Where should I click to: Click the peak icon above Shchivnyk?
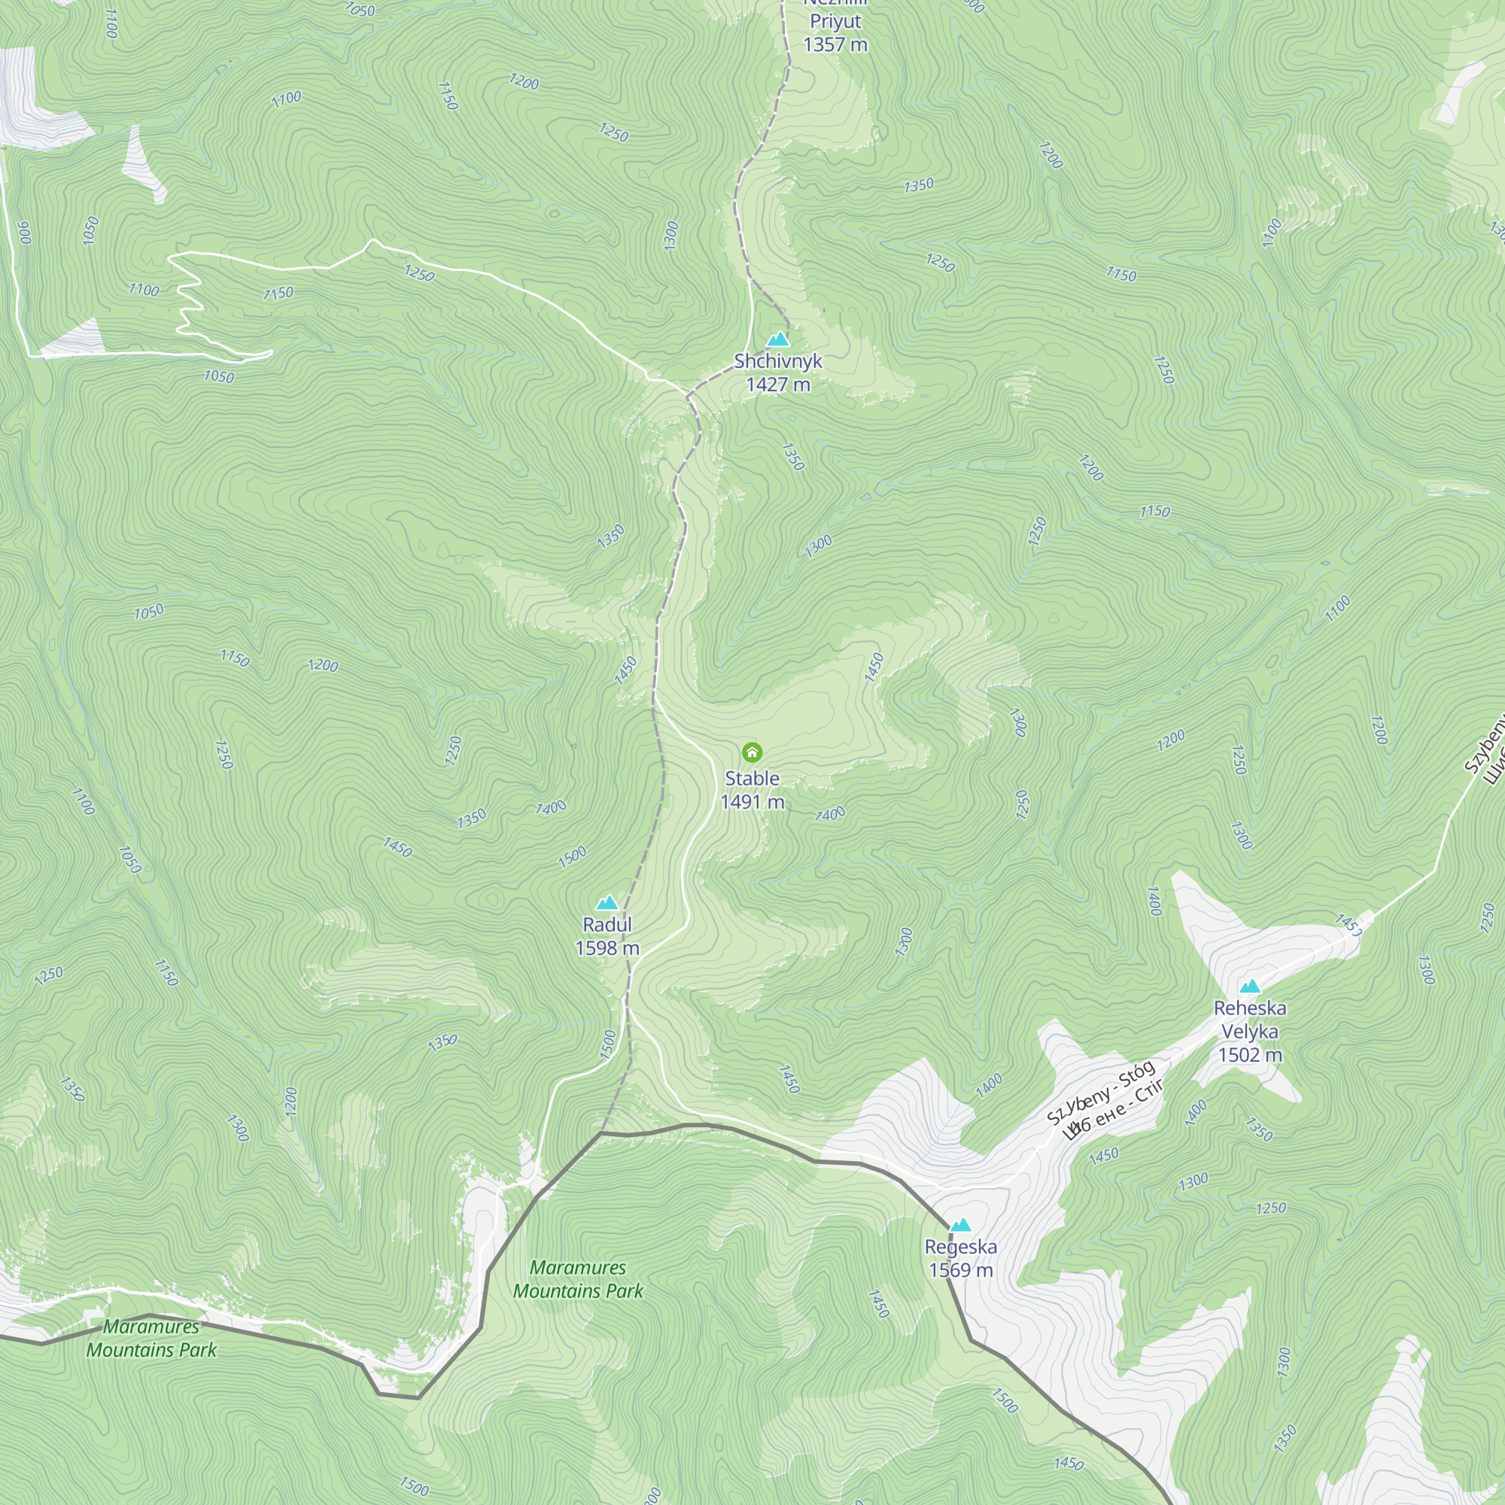tap(778, 339)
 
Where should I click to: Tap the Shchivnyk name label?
tap(778, 360)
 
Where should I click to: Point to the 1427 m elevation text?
tap(778, 384)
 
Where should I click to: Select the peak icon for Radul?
tap(607, 903)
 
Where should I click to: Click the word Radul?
tap(607, 925)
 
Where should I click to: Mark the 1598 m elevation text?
tap(607, 948)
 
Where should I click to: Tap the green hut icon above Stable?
tap(752, 752)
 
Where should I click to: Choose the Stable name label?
tap(752, 778)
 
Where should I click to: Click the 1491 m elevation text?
tap(752, 801)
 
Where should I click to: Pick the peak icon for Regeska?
tap(960, 1225)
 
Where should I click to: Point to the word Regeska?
tap(960, 1246)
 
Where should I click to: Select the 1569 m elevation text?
tap(960, 1269)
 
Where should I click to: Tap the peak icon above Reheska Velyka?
tap(1249, 987)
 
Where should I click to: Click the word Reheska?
tap(1249, 1008)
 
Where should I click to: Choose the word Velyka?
tap(1249, 1032)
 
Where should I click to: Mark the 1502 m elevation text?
tap(1249, 1055)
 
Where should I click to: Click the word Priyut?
tap(835, 21)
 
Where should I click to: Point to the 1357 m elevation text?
tap(835, 44)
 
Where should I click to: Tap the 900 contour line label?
tap(24, 232)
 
